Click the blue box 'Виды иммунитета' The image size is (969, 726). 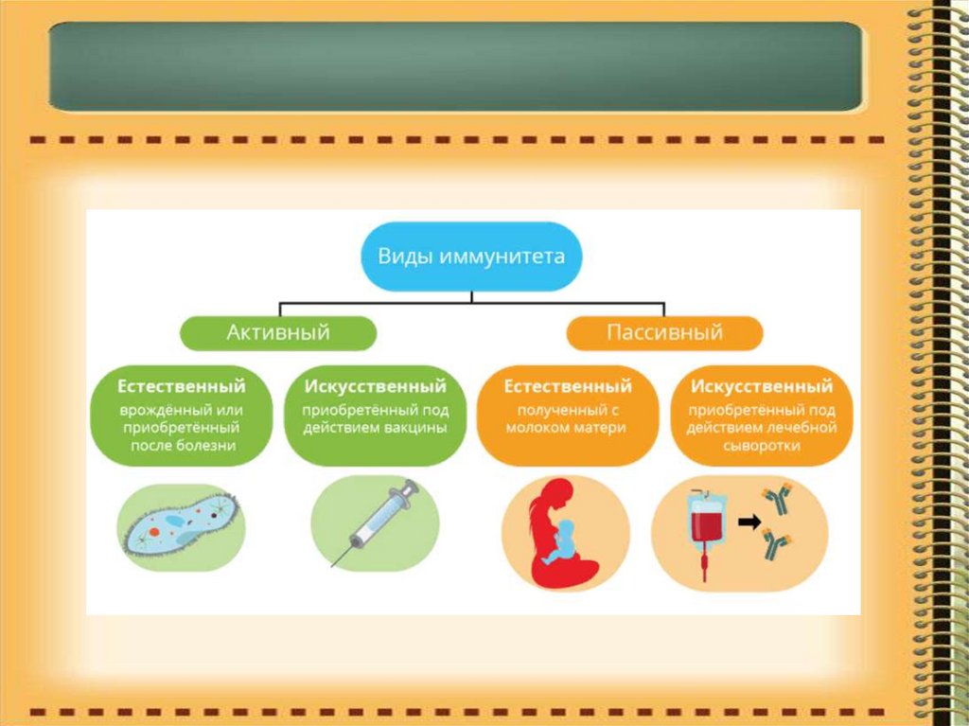(471, 257)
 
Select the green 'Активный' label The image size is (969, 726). (277, 332)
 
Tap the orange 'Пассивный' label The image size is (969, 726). (664, 332)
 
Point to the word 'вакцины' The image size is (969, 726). (413, 427)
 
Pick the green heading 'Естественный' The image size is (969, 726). (182, 386)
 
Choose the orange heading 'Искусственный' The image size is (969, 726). (762, 386)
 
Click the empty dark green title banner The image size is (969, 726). (455, 66)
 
